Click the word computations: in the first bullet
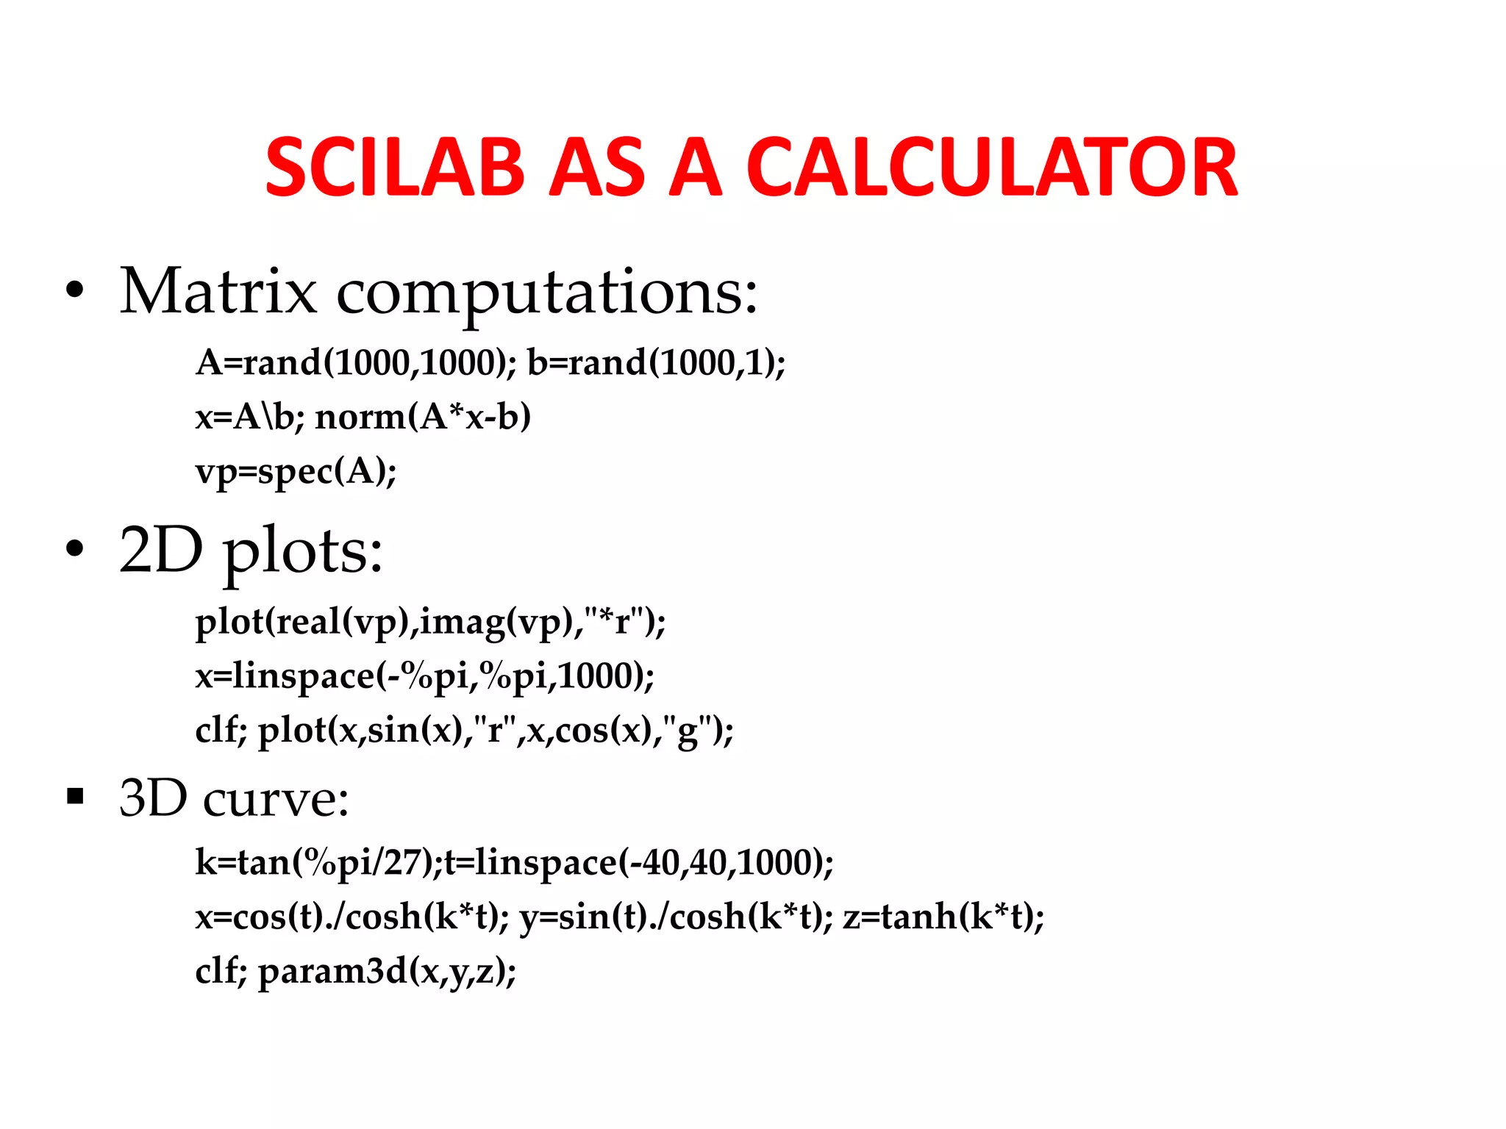tap(546, 293)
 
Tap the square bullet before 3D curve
tap(75, 796)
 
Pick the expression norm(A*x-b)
tap(423, 417)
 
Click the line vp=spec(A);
tap(296, 471)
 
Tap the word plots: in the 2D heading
tap(303, 551)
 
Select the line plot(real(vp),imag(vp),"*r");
tap(430, 622)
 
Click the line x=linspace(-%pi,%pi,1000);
tap(424, 675)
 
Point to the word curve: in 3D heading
tap(276, 798)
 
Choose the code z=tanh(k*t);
tap(943, 917)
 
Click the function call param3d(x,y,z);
tap(387, 971)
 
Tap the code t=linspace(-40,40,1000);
tap(639, 862)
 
